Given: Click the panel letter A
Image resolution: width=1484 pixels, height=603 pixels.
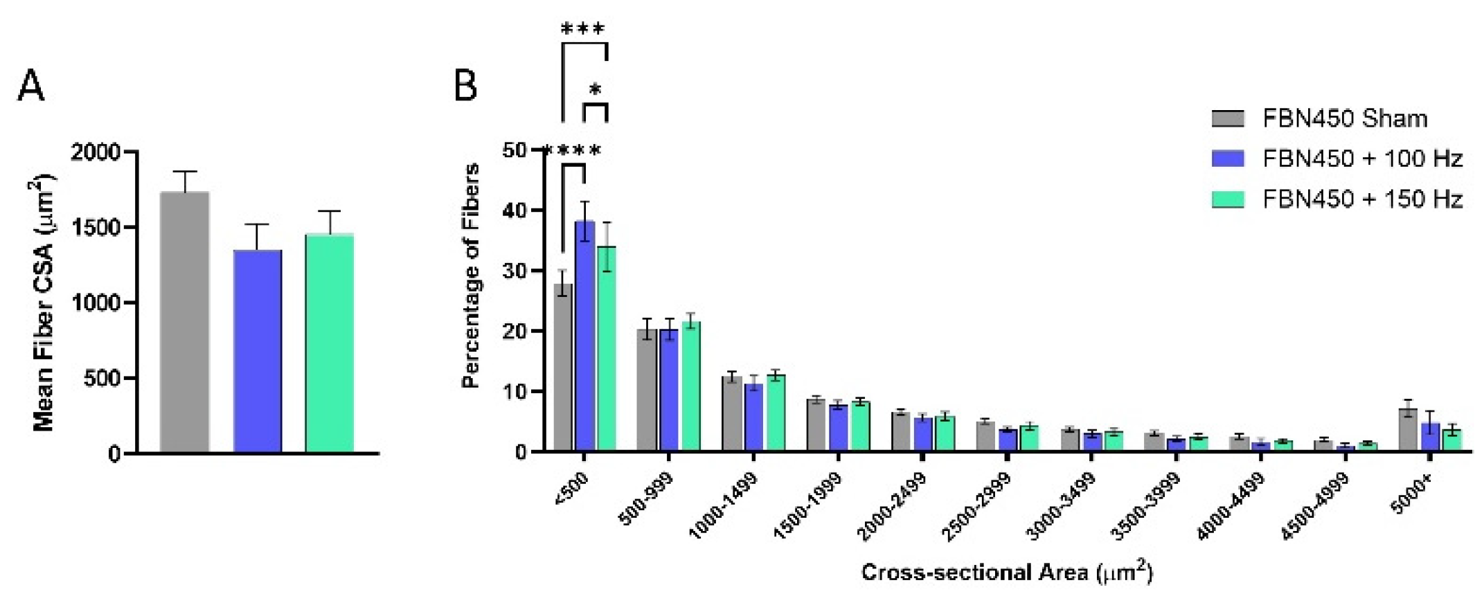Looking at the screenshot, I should pos(30,87).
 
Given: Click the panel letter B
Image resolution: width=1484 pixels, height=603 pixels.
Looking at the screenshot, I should pos(465,87).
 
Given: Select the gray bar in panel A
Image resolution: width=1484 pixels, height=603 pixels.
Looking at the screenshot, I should pos(184,323).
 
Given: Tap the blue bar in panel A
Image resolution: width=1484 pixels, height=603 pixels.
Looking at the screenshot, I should pos(257,352).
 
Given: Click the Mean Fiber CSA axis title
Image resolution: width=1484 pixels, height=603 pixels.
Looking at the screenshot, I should pos(44,303).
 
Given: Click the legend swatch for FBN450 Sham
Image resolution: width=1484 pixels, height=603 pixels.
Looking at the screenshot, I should pos(1228,119).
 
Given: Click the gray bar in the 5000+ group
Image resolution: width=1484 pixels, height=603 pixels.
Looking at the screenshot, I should pos(1408,430).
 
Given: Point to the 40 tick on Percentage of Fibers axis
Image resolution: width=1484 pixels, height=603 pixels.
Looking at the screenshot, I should pos(519,210).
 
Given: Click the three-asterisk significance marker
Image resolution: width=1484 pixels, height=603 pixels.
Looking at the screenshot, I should pos(582,28).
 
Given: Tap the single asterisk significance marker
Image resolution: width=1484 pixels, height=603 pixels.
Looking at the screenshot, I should pos(595,90).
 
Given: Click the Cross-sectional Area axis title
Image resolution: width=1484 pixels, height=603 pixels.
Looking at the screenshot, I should pos(1006,573).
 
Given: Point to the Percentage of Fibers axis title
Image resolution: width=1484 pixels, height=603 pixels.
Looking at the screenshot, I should pos(472,276).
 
